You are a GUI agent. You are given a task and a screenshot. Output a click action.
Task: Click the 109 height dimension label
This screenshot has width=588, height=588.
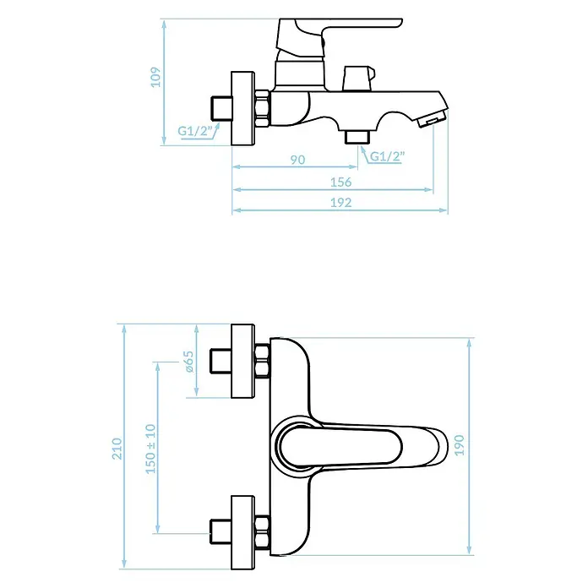click(x=155, y=77)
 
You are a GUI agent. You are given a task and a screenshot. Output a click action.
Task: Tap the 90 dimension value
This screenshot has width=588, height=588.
click(x=297, y=160)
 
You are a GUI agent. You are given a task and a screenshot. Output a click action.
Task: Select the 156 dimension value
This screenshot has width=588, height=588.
click(x=340, y=182)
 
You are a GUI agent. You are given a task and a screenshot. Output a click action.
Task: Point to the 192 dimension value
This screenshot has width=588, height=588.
click(x=340, y=203)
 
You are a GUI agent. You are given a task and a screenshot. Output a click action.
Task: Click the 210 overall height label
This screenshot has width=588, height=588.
click(x=117, y=449)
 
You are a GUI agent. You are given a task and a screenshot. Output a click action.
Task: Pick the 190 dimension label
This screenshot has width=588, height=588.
click(x=459, y=445)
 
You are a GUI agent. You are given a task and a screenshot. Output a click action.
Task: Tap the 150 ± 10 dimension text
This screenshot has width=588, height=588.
click(x=150, y=449)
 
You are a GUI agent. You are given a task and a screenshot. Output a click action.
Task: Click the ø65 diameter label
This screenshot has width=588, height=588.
click(x=189, y=362)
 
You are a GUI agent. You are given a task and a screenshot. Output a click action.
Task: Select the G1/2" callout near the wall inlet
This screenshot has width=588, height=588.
click(x=195, y=131)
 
